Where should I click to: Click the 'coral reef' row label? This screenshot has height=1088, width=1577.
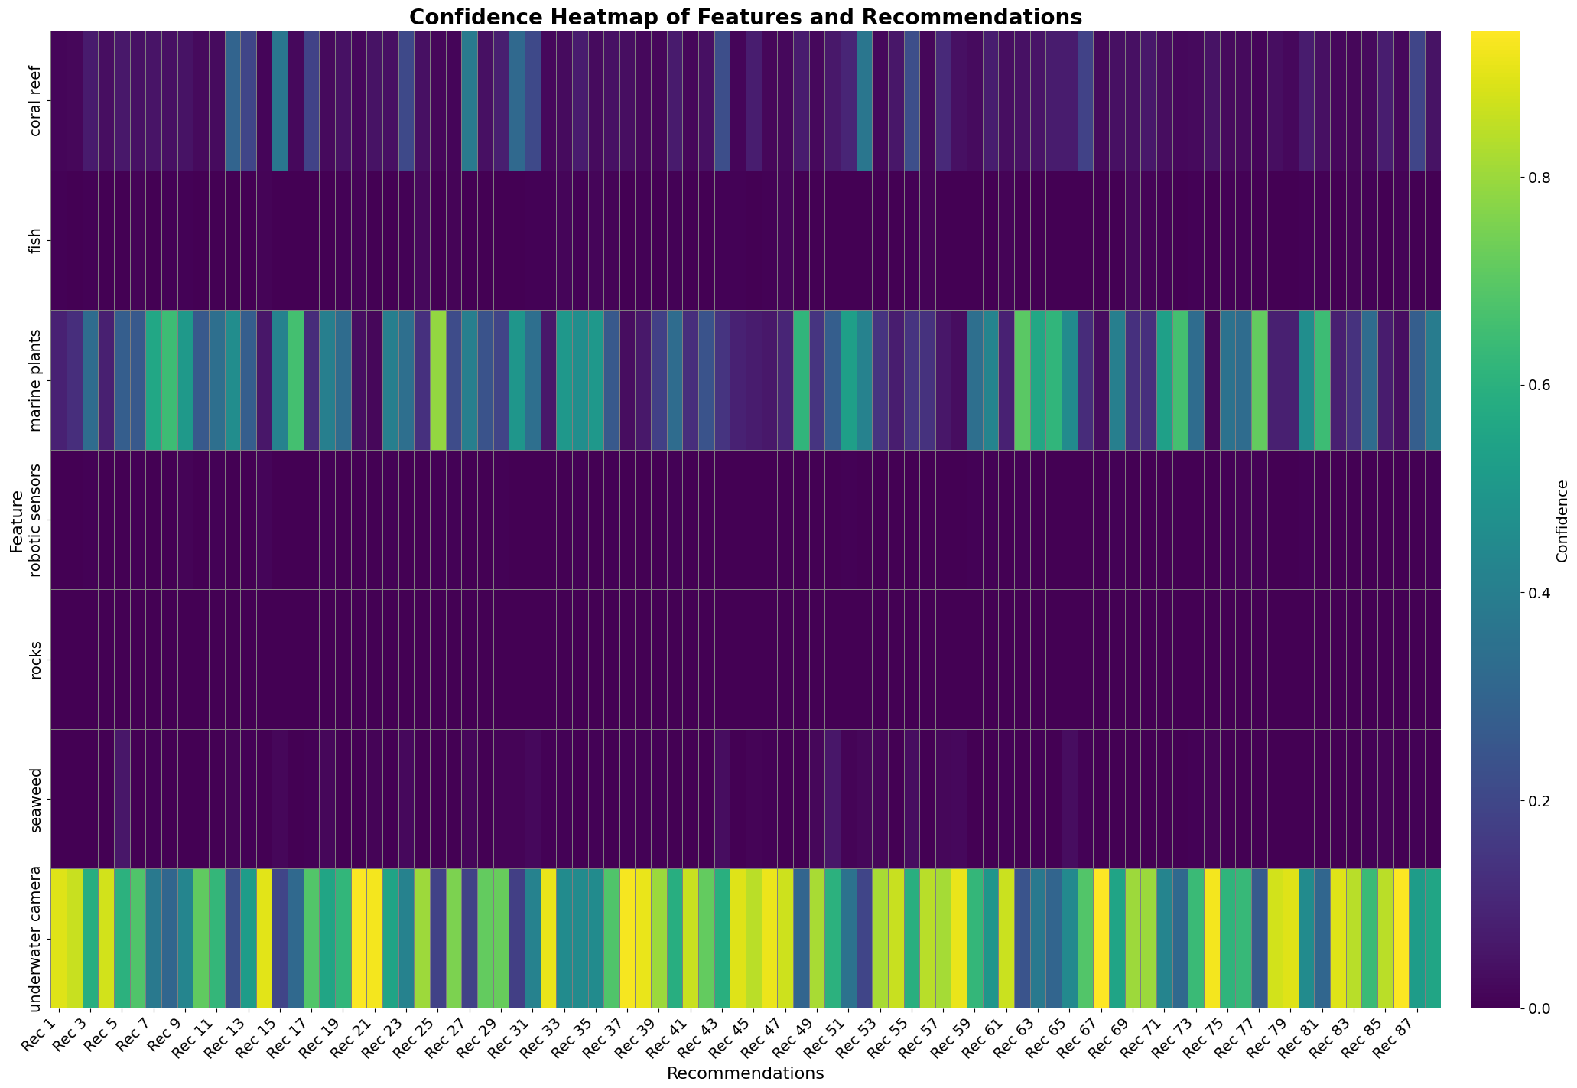(36, 101)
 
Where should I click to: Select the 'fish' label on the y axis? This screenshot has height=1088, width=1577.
(36, 240)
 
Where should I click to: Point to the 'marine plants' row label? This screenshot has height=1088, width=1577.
(36, 380)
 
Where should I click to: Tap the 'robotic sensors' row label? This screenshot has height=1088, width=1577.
(36, 520)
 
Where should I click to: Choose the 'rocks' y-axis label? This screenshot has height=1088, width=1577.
(36, 660)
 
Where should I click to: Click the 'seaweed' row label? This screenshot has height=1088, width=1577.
(36, 799)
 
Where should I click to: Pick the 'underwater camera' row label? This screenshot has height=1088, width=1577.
(36, 939)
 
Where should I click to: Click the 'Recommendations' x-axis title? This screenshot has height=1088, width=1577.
(745, 1073)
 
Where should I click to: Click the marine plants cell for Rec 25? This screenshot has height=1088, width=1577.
(438, 380)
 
